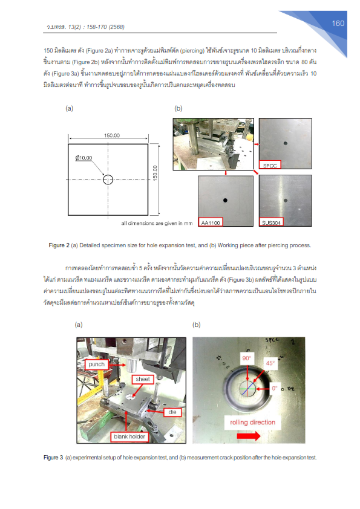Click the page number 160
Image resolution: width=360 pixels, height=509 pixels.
pyautogui.click(x=338, y=24)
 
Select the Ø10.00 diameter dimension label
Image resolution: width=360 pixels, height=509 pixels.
pyautogui.click(x=84, y=158)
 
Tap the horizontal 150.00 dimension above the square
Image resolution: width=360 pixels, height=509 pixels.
pyautogui.click(x=112, y=135)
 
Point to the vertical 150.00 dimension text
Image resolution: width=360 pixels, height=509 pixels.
pyautogui.click(x=155, y=173)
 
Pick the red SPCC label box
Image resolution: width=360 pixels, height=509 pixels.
pyautogui.click(x=270, y=165)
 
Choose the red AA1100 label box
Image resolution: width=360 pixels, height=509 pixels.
pyautogui.click(x=210, y=222)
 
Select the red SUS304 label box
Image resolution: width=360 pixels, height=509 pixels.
pyautogui.click(x=271, y=222)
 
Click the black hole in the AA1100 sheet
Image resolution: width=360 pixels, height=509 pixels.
pyautogui.click(x=225, y=200)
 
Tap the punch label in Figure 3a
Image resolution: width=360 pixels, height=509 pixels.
pyautogui.click(x=96, y=365)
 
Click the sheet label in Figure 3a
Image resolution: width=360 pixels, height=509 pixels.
pyautogui.click(x=143, y=379)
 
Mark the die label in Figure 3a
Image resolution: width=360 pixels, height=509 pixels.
pyautogui.click(x=172, y=412)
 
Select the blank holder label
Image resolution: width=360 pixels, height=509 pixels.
pyautogui.click(x=129, y=436)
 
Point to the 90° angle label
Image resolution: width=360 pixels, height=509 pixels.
pyautogui.click(x=247, y=358)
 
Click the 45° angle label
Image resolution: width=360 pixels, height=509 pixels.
pyautogui.click(x=270, y=363)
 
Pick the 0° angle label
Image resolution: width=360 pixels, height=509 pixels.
pyautogui.click(x=275, y=388)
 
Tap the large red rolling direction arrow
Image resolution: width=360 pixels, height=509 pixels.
pyautogui.click(x=249, y=435)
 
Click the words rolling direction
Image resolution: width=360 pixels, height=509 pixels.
pyautogui.click(x=252, y=423)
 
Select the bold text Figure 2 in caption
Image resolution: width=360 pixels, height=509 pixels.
pyautogui.click(x=59, y=245)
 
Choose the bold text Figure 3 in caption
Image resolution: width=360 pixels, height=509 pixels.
pyautogui.click(x=53, y=458)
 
